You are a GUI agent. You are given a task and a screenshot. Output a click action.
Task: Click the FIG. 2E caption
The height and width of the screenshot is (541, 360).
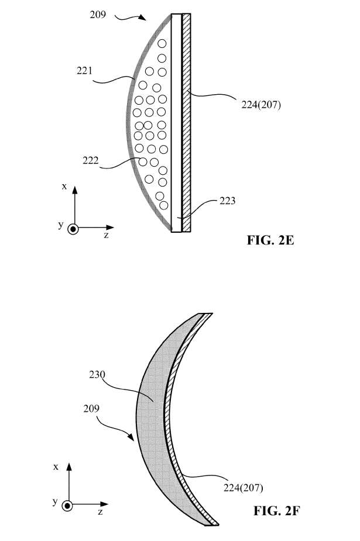coord(270,240)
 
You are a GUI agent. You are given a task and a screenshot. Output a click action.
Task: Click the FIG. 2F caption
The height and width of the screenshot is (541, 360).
coord(276,511)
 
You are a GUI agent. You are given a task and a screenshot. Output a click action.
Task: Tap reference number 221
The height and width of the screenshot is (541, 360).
coord(84,71)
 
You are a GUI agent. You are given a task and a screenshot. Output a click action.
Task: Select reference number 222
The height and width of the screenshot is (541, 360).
coord(90,160)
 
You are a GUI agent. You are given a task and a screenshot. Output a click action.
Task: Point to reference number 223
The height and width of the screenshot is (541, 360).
coord(228,201)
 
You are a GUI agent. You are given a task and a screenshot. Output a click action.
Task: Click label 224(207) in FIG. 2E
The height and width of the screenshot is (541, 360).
coord(261,105)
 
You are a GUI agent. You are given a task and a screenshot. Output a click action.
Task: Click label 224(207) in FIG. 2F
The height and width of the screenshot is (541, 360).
coord(244,488)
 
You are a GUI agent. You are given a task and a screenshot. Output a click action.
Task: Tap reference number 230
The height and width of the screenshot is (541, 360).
coord(97,374)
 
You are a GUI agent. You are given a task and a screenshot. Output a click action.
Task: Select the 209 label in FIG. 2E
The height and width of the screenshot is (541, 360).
coord(98,15)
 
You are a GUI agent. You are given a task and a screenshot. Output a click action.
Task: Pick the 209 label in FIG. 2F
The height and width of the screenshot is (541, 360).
coord(91,408)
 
